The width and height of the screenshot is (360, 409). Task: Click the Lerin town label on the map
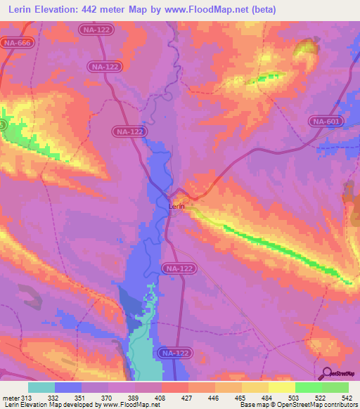(x=176, y=207)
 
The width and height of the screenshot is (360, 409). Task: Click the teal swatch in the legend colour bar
(x=41, y=387)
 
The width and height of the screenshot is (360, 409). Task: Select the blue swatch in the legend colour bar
(x=68, y=387)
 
